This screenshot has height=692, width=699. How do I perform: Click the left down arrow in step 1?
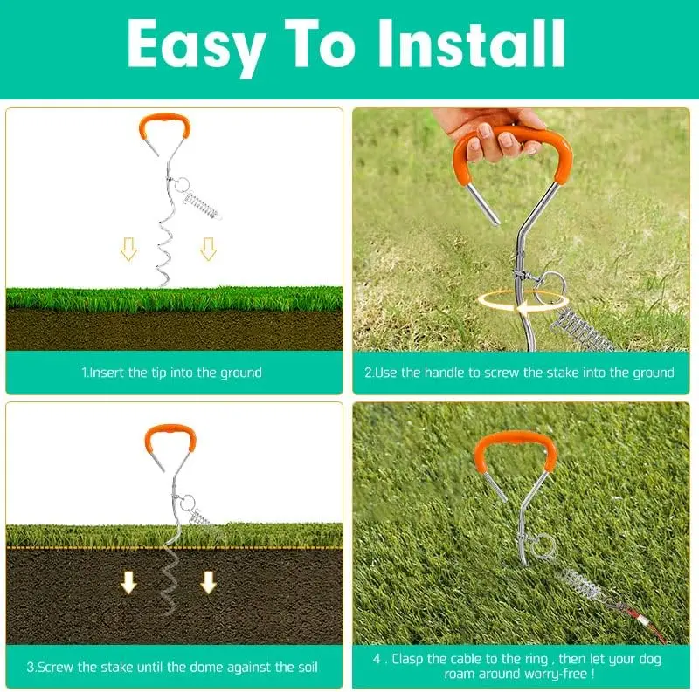coord(128,250)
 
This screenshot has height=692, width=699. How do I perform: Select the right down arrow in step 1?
coord(208,250)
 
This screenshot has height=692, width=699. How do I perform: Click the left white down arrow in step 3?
coord(128,582)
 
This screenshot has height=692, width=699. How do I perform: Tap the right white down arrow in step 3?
coord(208,582)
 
